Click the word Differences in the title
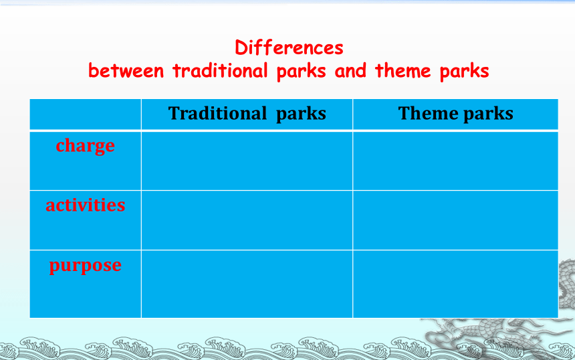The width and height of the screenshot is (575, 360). click(289, 48)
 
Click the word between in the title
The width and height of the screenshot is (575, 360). click(126, 70)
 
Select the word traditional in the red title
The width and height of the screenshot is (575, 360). click(220, 70)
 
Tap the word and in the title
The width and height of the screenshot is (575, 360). click(350, 70)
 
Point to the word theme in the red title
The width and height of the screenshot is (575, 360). click(402, 70)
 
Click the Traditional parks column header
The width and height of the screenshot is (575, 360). click(247, 113)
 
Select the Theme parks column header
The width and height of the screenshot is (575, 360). click(455, 113)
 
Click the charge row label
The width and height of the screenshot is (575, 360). click(85, 146)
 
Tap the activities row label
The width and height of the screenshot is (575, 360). click(85, 205)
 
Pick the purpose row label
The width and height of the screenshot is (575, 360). click(85, 266)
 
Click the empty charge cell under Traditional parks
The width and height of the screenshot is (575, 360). click(247, 161)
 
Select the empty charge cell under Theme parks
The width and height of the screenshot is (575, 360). click(455, 161)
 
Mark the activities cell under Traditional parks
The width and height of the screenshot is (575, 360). click(247, 220)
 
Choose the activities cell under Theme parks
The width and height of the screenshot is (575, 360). click(455, 220)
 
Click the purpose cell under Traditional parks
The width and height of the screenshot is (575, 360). click(247, 284)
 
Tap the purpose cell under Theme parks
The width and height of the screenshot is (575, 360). click(455, 284)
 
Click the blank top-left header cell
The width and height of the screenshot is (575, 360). click(85, 114)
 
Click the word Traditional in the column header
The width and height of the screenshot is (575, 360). click(217, 113)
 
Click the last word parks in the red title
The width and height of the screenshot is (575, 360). click(464, 71)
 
